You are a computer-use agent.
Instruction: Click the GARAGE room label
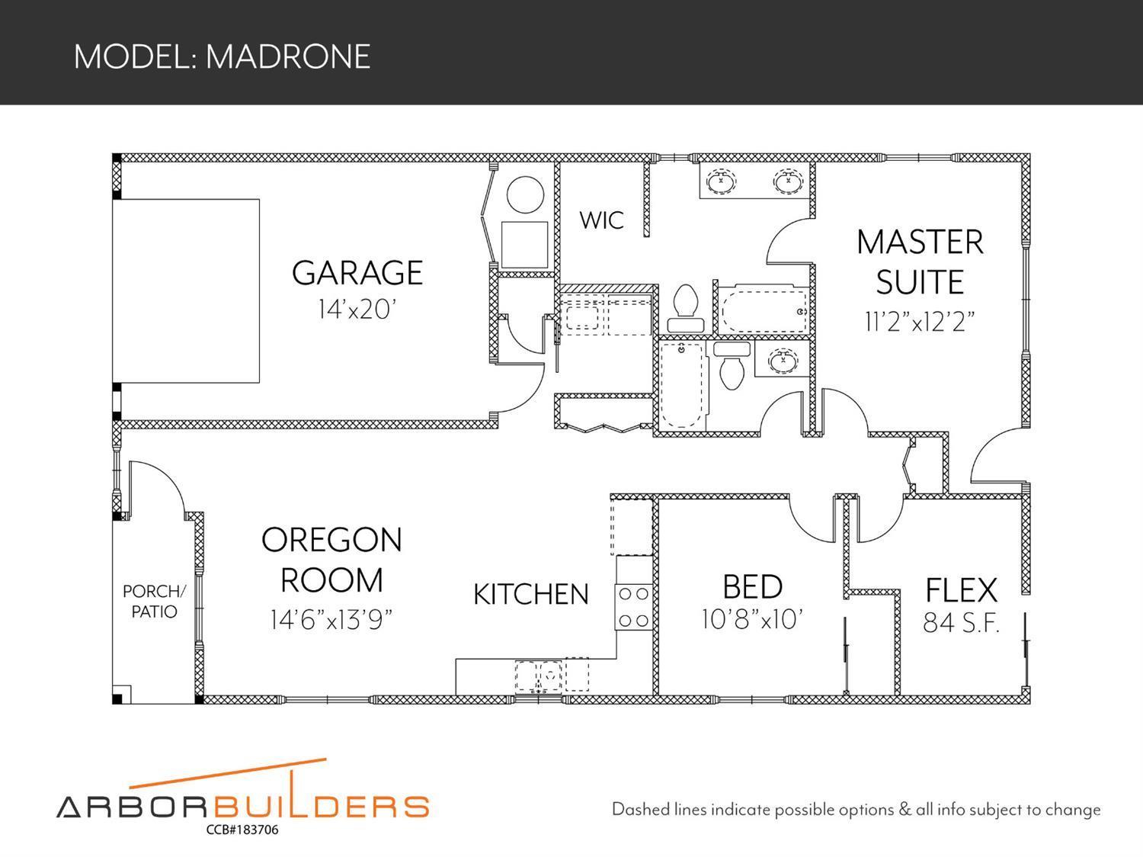pyautogui.click(x=357, y=273)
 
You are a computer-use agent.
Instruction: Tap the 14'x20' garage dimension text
pyautogui.click(x=357, y=310)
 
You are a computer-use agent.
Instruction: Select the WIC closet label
pyautogui.click(x=601, y=220)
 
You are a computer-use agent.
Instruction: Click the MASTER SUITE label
pyautogui.click(x=920, y=262)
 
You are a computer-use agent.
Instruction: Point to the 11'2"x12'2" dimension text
pyautogui.click(x=920, y=322)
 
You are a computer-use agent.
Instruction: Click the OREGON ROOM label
pyautogui.click(x=331, y=560)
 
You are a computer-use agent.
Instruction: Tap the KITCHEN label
pyautogui.click(x=531, y=595)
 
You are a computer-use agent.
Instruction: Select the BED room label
pyautogui.click(x=752, y=587)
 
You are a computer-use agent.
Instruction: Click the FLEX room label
pyautogui.click(x=961, y=590)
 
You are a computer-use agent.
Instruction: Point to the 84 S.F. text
pyautogui.click(x=961, y=624)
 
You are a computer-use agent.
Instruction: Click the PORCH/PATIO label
pyautogui.click(x=154, y=602)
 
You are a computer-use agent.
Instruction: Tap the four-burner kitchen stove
pyautogui.click(x=633, y=607)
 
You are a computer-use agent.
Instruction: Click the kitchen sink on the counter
pyautogui.click(x=549, y=674)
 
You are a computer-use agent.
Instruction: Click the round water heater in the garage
pyautogui.click(x=525, y=195)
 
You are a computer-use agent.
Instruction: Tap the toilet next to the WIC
pyautogui.click(x=686, y=308)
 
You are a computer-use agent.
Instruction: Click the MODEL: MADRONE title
pyautogui.click(x=222, y=56)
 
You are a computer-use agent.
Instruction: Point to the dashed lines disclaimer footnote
pyautogui.click(x=856, y=810)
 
